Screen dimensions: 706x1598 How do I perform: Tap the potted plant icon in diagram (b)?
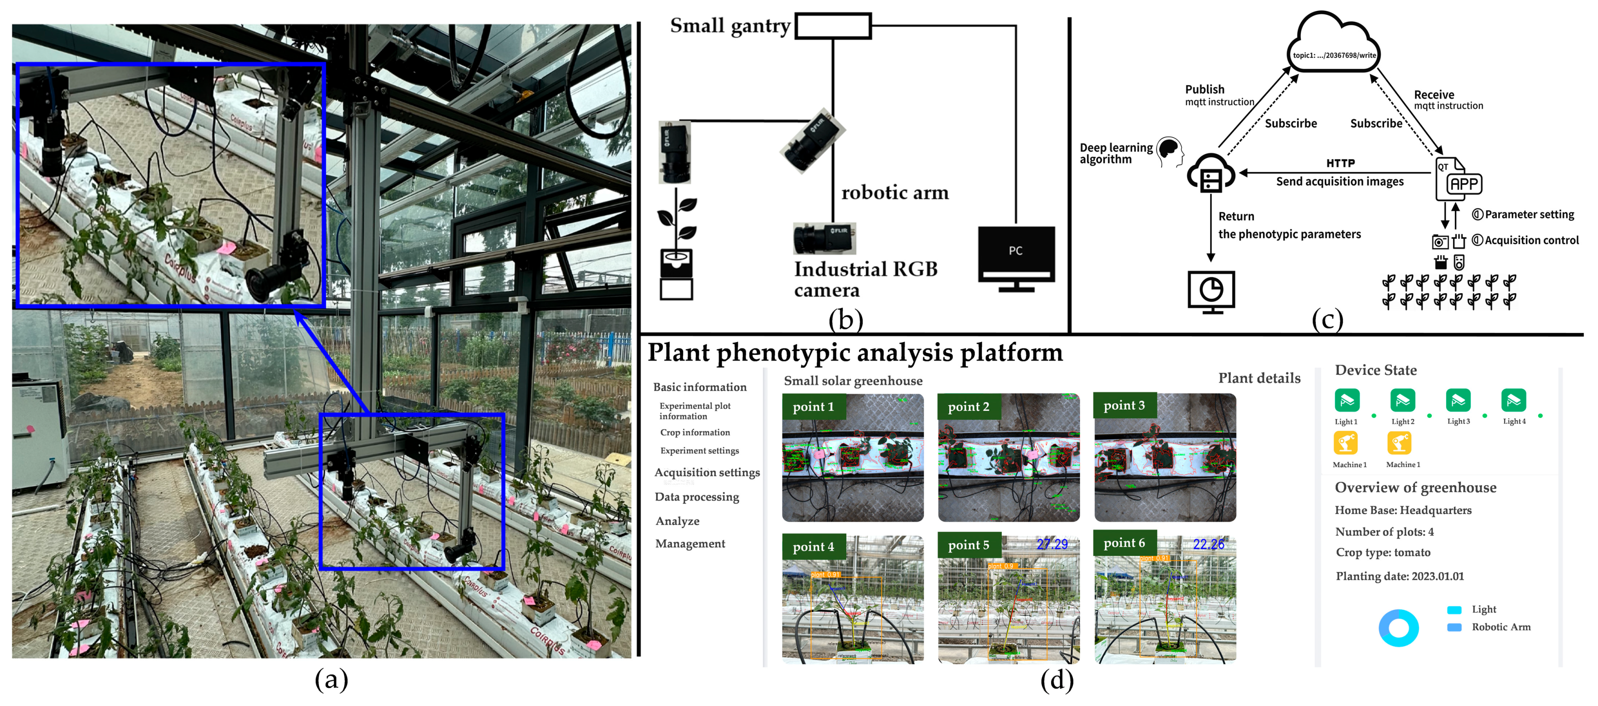676,248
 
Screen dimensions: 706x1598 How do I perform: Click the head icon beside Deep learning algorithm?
1169,151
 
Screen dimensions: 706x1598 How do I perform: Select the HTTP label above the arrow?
1340,163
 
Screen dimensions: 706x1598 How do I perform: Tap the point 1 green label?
813,407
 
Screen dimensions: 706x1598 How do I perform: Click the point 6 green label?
1124,543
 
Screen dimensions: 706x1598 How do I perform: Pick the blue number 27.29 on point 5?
1052,544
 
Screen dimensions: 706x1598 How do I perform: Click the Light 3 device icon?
1458,401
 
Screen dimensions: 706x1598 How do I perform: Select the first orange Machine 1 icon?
1346,443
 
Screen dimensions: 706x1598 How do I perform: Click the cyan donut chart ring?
1398,628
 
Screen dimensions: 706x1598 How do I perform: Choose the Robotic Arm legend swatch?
1453,627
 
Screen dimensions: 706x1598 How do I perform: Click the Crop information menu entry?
694,432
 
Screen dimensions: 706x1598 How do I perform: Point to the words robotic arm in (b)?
894,193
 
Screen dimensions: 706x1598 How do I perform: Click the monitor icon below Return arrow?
1211,290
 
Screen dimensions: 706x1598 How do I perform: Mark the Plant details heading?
1259,378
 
